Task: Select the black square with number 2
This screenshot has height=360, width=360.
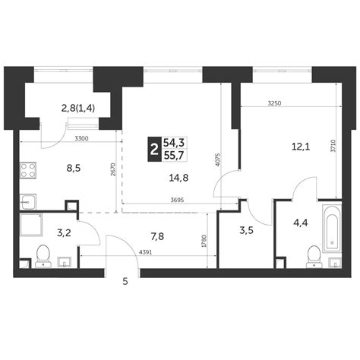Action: (155, 148)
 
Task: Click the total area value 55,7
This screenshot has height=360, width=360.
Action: (177, 155)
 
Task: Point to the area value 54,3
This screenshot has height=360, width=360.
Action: (177, 141)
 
